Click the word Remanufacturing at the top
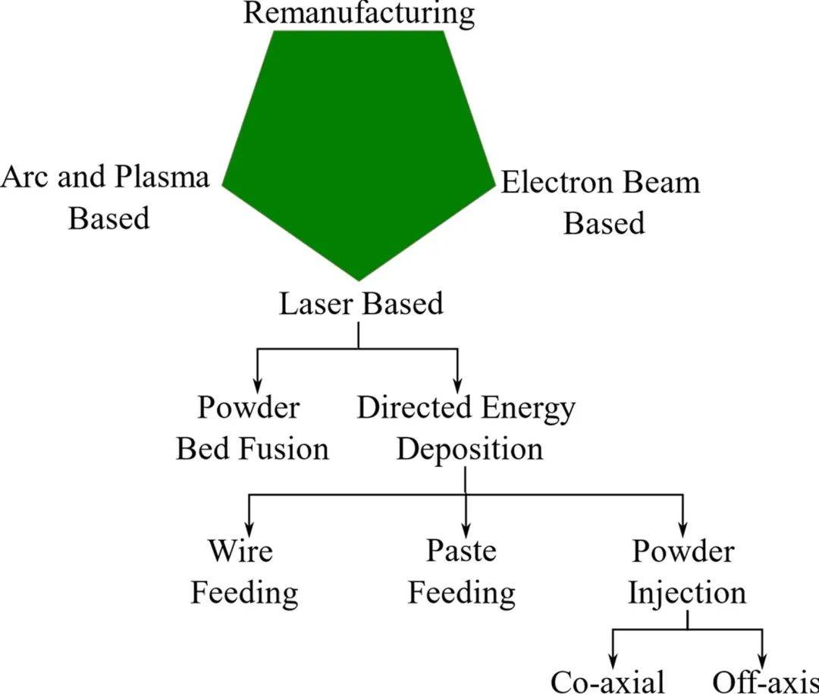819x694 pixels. pos(359,14)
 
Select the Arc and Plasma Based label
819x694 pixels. pos(106,197)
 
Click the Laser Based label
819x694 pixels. pos(361,304)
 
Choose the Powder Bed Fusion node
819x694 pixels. pos(252,428)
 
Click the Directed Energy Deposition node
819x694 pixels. pos(466,428)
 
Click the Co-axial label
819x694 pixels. pos(607,680)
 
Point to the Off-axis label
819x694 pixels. pos(764,680)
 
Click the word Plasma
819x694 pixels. pos(162,177)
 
